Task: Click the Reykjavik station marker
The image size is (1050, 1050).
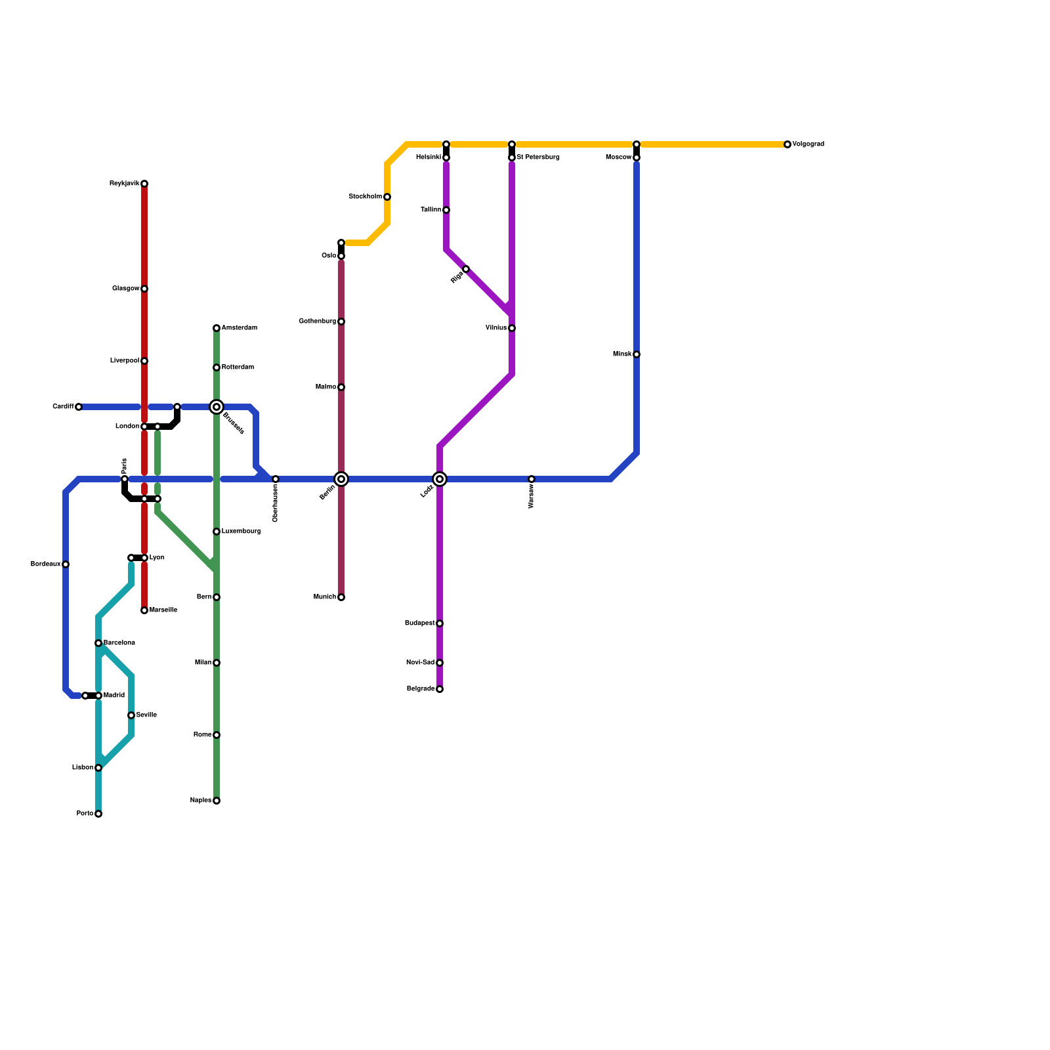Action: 144,184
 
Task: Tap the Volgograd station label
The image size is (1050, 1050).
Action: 808,144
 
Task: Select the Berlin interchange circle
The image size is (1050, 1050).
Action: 341,479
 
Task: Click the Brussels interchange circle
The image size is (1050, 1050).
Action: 217,407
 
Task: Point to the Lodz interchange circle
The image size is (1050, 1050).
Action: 440,479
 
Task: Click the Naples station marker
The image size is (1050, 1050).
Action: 217,801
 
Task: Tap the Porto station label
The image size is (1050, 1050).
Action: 85,814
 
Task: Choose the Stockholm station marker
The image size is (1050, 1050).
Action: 387,197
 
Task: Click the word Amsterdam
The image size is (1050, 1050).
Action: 239,328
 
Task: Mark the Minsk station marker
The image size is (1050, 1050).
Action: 637,354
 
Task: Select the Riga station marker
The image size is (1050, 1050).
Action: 466,269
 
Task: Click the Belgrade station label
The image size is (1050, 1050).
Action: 420,689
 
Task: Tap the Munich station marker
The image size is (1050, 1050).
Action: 341,597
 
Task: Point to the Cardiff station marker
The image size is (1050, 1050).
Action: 79,407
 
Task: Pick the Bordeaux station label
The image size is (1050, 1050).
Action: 46,564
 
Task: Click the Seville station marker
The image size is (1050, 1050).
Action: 131,715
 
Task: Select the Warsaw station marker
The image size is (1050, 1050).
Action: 532,479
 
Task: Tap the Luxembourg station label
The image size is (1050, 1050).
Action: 241,532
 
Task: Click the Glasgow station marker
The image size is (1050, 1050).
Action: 144,289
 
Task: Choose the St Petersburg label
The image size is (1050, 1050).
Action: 537,157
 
